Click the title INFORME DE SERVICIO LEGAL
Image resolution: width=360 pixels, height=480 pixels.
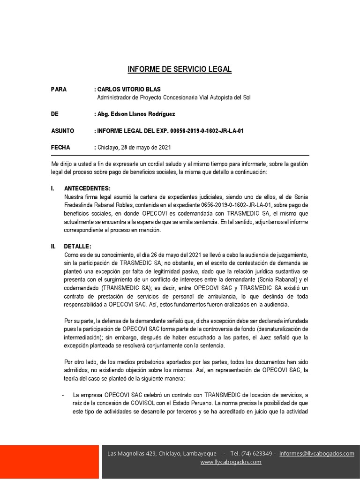point(180,70)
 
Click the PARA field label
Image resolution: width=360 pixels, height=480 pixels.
point(59,89)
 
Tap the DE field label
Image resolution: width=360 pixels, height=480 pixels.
point(55,114)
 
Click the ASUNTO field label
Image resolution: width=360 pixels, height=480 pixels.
point(62,131)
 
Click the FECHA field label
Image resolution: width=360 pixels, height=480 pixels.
point(60,147)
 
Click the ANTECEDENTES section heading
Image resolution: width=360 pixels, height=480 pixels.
point(87,188)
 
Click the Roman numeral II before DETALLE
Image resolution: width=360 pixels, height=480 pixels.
point(53,247)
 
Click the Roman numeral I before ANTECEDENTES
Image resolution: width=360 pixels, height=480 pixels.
point(52,188)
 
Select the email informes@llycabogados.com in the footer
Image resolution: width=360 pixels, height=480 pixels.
point(316,453)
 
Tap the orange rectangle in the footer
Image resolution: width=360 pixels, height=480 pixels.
point(49,461)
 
